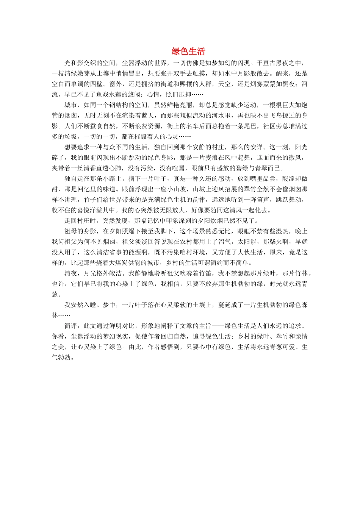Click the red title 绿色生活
188,52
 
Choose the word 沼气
225,242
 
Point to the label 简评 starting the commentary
71,326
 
